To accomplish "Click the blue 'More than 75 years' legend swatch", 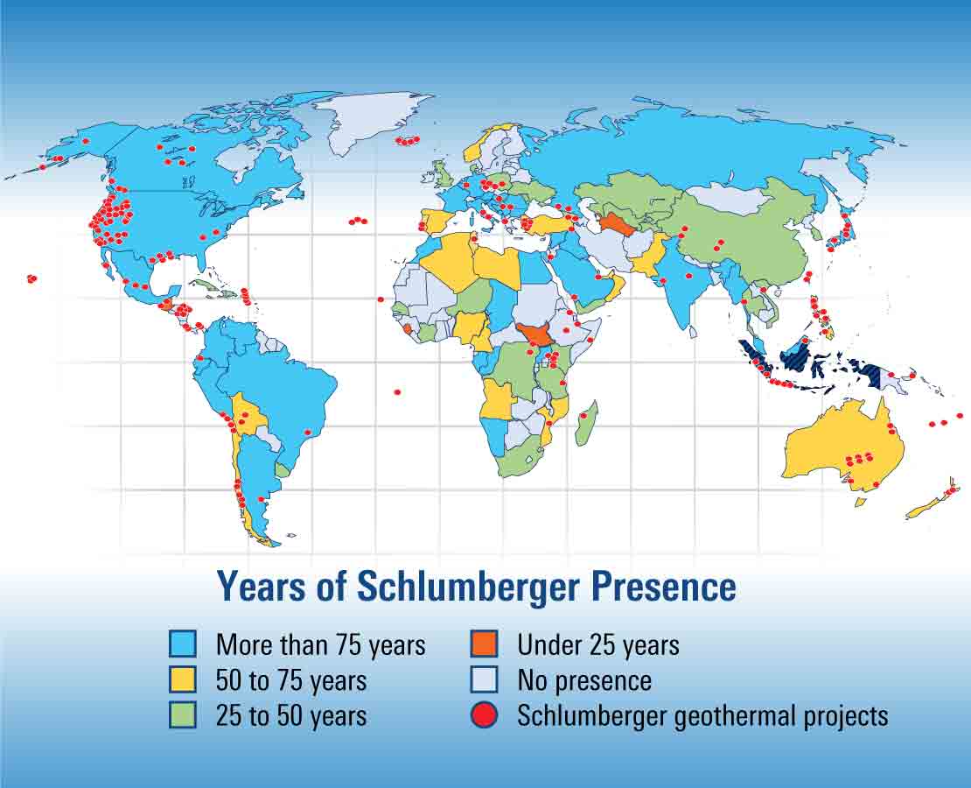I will tap(183, 644).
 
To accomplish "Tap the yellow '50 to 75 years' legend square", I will tap(183, 679).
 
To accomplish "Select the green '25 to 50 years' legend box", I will tap(183, 714).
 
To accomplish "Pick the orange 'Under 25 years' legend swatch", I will tap(484, 644).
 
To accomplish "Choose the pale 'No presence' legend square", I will tap(484, 679).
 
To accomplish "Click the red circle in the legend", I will tap(484, 714).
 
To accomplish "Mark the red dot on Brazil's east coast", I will tap(307, 432).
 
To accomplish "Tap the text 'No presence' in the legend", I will tap(584, 680).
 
